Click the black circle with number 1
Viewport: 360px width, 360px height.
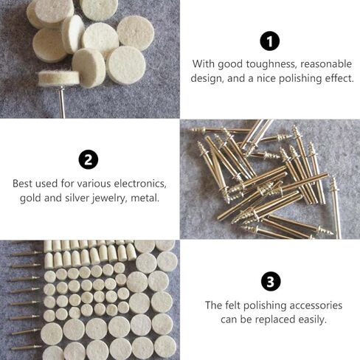tap(270, 41)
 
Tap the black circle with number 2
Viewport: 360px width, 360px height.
tap(89, 159)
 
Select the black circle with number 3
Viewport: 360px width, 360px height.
tap(270, 282)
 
